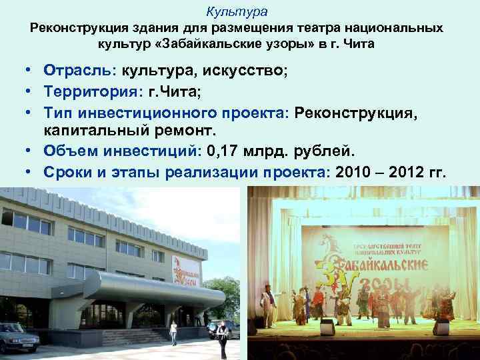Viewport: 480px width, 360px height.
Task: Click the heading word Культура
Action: point(237,11)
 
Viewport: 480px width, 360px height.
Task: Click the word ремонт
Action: point(179,130)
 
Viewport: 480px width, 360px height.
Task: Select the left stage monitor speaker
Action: point(327,327)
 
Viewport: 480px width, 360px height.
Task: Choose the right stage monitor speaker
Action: point(441,327)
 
